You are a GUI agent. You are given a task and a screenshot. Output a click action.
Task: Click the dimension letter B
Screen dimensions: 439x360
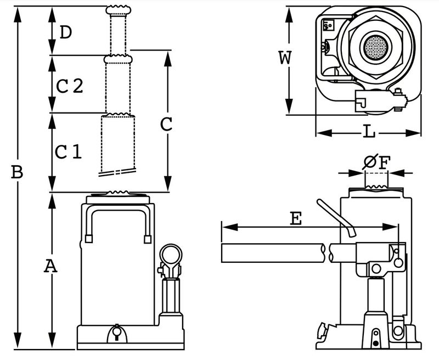pyautogui.click(x=17, y=172)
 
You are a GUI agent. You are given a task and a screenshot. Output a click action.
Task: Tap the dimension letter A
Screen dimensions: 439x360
pyautogui.click(x=50, y=266)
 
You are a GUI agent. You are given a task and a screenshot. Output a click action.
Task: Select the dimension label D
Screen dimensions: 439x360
pyautogui.click(x=66, y=32)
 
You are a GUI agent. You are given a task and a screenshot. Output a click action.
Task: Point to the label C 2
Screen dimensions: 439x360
pyautogui.click(x=70, y=86)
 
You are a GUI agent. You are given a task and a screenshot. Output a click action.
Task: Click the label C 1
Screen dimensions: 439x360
pyautogui.click(x=68, y=151)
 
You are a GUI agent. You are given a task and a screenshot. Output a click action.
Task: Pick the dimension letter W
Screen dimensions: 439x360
pyautogui.click(x=285, y=58)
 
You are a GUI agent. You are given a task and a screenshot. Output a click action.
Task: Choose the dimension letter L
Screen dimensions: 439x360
pyautogui.click(x=369, y=131)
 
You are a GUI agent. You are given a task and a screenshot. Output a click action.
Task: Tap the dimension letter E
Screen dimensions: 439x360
pyautogui.click(x=296, y=218)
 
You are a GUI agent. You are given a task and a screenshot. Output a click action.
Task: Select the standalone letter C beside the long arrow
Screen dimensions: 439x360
pyautogui.click(x=166, y=124)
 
